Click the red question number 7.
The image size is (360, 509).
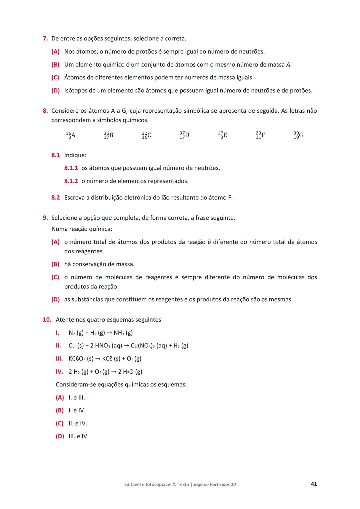[x=45, y=39]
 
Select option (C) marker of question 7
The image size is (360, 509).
[x=55, y=78]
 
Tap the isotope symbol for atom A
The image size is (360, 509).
[x=71, y=135]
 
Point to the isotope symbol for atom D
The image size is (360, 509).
[x=184, y=135]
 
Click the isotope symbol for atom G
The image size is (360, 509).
[x=298, y=135]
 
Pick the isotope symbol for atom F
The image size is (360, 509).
[x=260, y=135]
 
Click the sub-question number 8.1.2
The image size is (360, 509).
[x=71, y=181]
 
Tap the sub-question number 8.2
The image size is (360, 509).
[x=56, y=198]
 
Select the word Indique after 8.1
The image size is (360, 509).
[x=75, y=155]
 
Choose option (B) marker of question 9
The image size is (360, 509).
[x=55, y=264]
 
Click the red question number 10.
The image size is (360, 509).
[x=47, y=320]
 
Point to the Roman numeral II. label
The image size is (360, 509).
[x=58, y=346]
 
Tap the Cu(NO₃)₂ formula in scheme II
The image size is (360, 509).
[x=143, y=346]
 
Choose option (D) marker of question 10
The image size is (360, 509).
[x=60, y=436]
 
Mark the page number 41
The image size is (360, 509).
[x=314, y=484]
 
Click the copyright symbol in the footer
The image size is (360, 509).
[x=174, y=485]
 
